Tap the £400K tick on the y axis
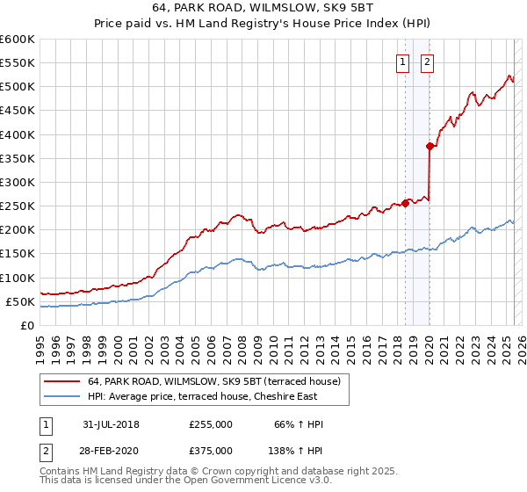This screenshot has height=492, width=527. (x=18, y=134)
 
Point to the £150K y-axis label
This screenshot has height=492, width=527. (x=18, y=253)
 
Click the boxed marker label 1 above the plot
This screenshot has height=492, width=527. (x=402, y=61)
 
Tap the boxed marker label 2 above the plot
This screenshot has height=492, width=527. (x=427, y=61)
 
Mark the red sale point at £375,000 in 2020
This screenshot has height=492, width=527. (x=430, y=147)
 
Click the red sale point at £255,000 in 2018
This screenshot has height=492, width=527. (x=405, y=203)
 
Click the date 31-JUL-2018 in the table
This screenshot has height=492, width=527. (x=112, y=424)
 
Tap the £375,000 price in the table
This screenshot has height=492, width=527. (x=211, y=451)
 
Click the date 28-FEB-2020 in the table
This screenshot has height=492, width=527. (x=112, y=451)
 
